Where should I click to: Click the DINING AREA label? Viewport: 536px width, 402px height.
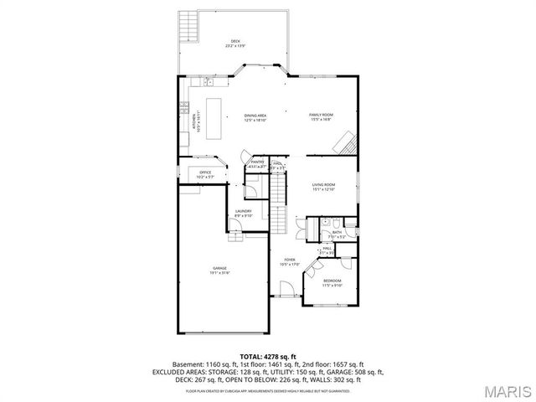pos(255,117)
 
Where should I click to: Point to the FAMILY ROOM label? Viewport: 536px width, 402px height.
pos(321,116)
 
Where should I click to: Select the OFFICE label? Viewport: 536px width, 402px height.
pos(204,173)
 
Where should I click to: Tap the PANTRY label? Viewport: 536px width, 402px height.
pos(258,164)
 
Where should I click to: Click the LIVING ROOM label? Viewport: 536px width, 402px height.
pos(323,187)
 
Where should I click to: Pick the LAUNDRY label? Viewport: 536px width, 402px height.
pos(244,213)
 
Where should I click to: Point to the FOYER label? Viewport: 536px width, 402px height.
pos(290,262)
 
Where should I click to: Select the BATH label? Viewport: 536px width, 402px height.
pos(336,234)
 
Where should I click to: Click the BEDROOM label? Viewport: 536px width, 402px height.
pos(332,282)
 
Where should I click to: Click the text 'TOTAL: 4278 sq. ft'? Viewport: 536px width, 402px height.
pos(268,357)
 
